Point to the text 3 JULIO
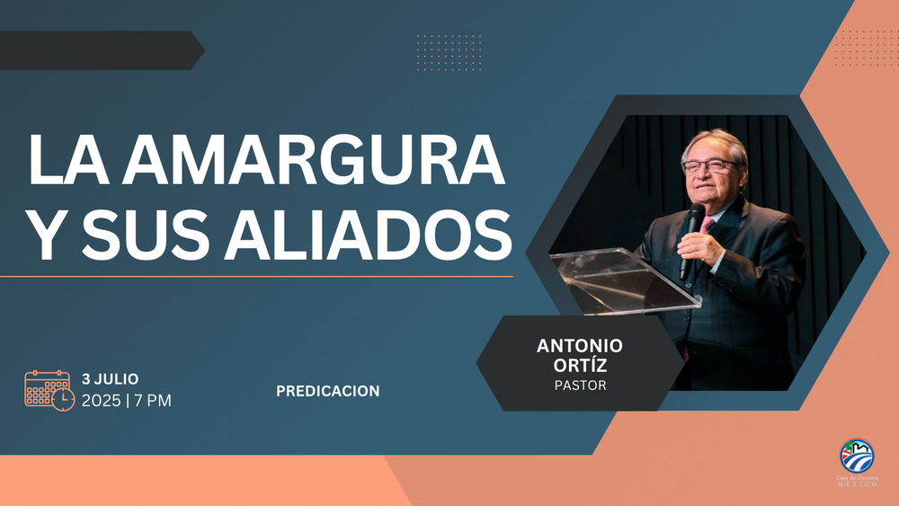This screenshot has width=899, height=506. tap(110, 378)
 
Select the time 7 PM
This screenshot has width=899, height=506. tap(153, 401)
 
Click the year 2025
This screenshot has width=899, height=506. tap(101, 401)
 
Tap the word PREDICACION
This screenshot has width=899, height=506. tap(327, 391)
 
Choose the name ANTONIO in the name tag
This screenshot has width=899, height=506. tap(579, 346)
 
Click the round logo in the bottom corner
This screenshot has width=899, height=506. tap(856, 456)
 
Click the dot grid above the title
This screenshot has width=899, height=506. tap(449, 51)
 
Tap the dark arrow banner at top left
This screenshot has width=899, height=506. tap(99, 50)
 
